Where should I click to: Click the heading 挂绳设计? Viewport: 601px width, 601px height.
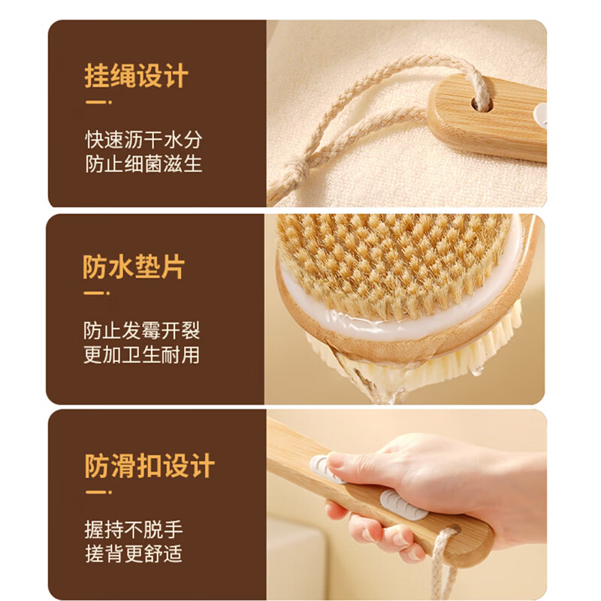point(136,77)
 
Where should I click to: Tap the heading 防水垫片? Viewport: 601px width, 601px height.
point(134,267)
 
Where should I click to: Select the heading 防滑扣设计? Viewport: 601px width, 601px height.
point(149,466)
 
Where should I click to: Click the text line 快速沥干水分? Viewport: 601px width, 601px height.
point(143,140)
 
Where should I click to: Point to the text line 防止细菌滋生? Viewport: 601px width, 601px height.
point(143,164)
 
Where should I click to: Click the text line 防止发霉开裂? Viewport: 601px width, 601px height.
point(142,331)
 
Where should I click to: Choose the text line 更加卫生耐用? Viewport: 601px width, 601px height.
point(142,355)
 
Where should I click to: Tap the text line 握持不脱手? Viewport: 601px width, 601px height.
point(133,530)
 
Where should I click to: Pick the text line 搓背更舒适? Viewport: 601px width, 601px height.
point(133,554)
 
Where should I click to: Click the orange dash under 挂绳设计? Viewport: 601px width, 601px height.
point(98,102)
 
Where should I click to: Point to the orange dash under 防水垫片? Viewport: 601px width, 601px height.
point(97,293)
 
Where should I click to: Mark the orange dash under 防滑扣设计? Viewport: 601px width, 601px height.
point(98,492)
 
